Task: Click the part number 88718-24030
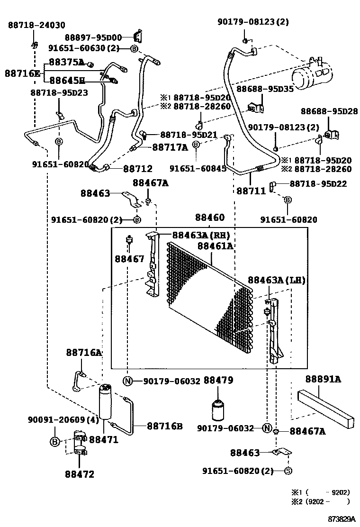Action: click(36, 25)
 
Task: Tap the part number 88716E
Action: click(22, 73)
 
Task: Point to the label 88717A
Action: click(170, 148)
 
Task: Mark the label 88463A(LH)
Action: click(277, 281)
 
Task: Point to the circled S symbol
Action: click(288, 471)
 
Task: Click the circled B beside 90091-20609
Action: click(54, 442)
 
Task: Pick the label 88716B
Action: click(164, 426)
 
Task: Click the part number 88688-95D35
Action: click(265, 89)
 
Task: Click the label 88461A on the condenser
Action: click(215, 246)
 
